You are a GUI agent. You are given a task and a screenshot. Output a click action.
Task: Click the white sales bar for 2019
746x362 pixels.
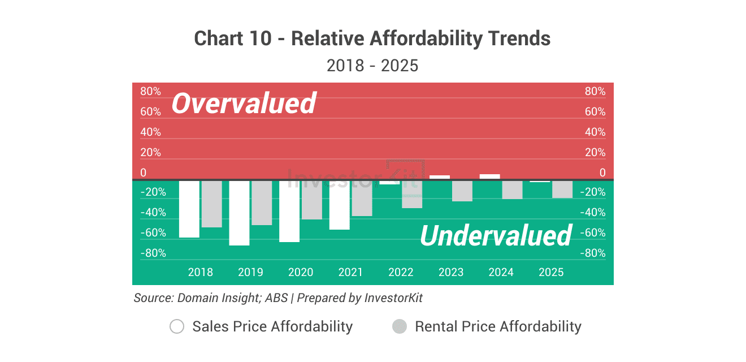(239, 213)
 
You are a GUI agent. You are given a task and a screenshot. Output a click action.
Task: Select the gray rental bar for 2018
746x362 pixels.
(212, 204)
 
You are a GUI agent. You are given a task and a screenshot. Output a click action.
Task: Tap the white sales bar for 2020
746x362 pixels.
(289, 211)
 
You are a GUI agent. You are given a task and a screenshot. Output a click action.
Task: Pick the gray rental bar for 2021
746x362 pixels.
(362, 199)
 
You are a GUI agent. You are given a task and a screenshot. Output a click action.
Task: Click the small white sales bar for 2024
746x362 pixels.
(489, 176)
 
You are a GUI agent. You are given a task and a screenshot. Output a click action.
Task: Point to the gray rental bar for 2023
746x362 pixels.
(462, 191)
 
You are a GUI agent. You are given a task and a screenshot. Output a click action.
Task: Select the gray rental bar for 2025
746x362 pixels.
(562, 189)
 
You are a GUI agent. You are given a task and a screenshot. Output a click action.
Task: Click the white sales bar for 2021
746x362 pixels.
(340, 205)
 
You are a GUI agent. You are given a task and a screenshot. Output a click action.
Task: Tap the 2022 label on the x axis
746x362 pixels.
(401, 272)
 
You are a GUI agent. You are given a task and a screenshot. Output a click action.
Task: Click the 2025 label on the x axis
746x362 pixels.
(551, 272)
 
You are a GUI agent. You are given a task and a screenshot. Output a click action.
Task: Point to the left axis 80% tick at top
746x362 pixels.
(150, 92)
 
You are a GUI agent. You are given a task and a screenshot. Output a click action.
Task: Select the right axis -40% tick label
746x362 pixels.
(593, 213)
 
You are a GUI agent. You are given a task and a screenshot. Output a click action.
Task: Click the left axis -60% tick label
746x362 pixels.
(153, 233)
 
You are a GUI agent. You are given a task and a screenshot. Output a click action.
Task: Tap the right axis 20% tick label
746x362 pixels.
(595, 153)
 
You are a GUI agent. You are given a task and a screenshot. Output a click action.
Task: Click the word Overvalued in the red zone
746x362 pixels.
(244, 104)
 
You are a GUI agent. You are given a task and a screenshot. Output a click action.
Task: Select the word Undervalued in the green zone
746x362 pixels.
(496, 235)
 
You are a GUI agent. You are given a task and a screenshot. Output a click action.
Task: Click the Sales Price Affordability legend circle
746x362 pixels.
(177, 326)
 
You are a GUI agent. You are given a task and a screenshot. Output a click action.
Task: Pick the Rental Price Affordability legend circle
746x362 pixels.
(400, 326)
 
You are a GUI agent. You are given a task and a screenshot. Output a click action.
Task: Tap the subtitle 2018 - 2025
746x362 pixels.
(372, 66)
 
